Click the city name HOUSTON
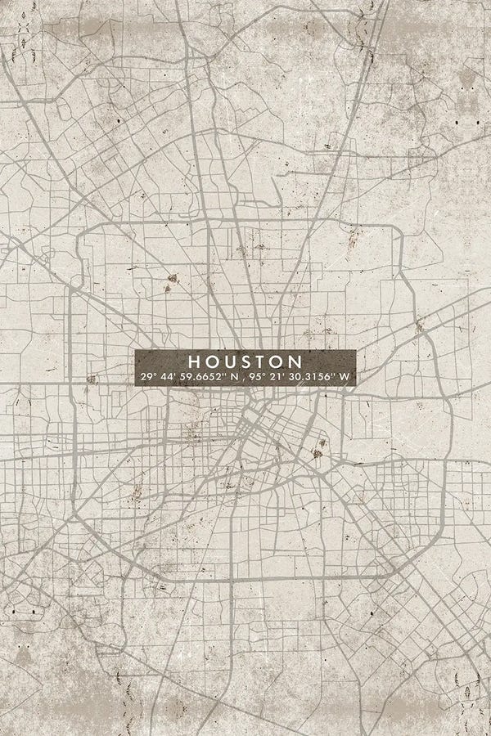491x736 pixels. coord(245,361)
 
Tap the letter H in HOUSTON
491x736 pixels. coord(194,361)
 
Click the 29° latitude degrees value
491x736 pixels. coord(147,377)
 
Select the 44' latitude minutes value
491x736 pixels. coord(169,377)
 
